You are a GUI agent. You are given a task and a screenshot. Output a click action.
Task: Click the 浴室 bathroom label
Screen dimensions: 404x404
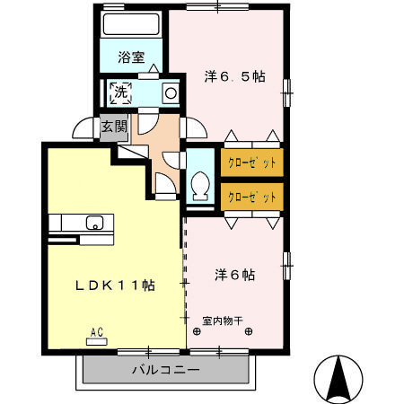(132, 57)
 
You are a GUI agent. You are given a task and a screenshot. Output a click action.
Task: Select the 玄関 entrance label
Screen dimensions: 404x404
(112, 126)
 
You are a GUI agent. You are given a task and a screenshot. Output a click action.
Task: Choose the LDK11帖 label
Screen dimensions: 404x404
(115, 285)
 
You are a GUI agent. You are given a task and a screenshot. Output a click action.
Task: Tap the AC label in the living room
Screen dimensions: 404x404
(96, 332)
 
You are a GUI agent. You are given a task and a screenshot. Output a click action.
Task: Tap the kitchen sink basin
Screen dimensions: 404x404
(93, 223)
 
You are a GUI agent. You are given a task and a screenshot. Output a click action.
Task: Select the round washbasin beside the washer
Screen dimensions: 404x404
(169, 92)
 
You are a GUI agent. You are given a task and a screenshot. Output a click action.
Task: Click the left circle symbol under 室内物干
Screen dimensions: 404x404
(196, 330)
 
